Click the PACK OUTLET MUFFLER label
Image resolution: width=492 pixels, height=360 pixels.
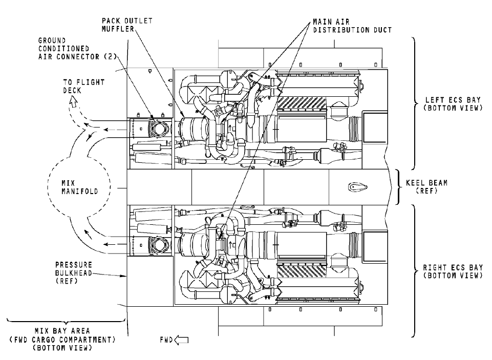120,25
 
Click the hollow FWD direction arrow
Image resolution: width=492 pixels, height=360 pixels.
182,340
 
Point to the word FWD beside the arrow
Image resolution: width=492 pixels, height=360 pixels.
166,340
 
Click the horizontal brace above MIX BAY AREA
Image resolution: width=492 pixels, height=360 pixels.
64,322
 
